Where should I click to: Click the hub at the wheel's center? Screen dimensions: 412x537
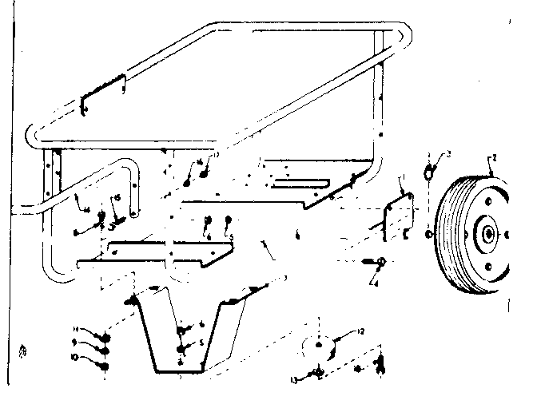tap(485, 233)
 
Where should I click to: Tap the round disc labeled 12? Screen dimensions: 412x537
tap(318, 345)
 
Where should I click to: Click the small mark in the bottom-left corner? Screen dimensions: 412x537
tap(22, 350)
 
